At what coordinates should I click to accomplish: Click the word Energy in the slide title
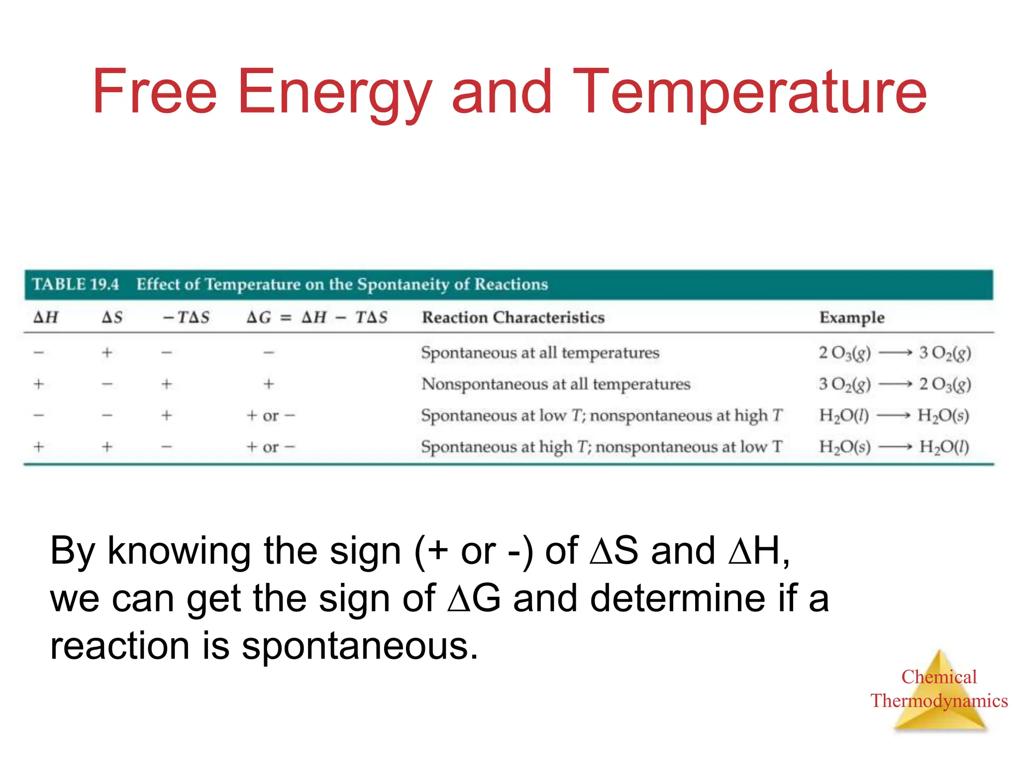334,94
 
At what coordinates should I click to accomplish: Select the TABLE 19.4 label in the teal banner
76,285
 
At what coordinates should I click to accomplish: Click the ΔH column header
46,317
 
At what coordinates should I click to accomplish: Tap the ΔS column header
112,317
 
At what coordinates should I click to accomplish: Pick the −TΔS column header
187,317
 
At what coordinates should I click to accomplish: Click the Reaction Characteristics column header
513,317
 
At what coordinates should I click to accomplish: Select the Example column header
852,317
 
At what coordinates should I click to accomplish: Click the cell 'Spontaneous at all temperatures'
540,353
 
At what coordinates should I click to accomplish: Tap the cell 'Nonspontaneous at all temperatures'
556,384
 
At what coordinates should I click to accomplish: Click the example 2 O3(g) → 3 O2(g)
895,353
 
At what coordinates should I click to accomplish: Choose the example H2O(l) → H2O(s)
894,415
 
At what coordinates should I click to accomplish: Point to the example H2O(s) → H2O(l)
894,447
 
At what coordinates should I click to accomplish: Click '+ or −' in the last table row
271,447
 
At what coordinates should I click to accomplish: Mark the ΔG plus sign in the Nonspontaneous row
269,384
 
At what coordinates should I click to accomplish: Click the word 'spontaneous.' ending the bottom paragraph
359,647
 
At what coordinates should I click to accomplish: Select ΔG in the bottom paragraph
474,598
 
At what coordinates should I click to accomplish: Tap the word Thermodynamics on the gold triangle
939,701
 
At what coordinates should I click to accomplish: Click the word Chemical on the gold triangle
939,677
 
